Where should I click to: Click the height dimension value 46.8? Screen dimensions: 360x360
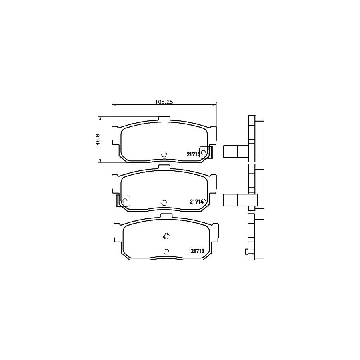click(x=97, y=140)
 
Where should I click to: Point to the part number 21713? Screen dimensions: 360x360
click(x=197, y=251)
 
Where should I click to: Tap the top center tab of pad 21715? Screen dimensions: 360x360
click(x=164, y=119)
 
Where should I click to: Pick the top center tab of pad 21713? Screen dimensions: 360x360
click(x=166, y=216)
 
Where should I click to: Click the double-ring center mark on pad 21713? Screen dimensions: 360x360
click(x=166, y=236)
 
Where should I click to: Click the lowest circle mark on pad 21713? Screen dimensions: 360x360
click(x=166, y=252)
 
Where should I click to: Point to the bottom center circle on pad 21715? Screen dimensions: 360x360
click(x=164, y=154)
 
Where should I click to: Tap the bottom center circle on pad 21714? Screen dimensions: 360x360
click(x=164, y=202)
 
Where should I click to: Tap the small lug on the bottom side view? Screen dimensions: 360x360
click(x=246, y=252)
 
